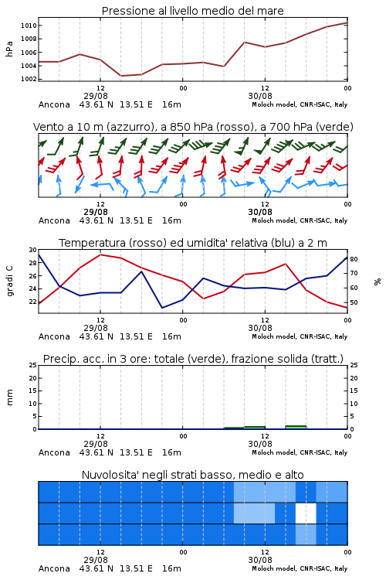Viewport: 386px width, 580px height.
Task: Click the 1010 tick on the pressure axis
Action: [29, 26]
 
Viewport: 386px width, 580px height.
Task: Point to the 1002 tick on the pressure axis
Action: [29, 79]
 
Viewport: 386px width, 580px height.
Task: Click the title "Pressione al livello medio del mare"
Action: [193, 11]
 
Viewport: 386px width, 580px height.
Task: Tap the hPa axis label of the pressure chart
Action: [9, 49]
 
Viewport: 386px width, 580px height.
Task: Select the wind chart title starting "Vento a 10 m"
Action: [193, 128]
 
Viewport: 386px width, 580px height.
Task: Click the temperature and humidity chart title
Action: [193, 243]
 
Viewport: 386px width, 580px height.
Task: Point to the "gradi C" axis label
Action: [10, 281]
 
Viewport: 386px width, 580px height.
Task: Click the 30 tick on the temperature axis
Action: [33, 250]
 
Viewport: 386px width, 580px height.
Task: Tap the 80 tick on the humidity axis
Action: [354, 259]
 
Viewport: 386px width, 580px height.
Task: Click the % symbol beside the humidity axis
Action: [378, 281]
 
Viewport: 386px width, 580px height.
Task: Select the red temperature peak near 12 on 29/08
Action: [100, 255]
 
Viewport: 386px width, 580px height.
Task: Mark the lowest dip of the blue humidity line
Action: [162, 308]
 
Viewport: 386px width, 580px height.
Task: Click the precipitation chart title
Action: [193, 359]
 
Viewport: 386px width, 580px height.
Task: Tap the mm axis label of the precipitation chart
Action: [9, 397]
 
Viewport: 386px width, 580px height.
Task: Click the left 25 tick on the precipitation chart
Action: [33, 366]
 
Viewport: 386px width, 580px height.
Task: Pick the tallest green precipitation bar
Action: [296, 427]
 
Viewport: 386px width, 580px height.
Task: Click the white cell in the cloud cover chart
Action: [306, 513]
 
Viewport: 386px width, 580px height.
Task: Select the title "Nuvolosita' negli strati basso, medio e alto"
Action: [193, 475]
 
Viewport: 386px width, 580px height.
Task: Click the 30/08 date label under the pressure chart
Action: [260, 96]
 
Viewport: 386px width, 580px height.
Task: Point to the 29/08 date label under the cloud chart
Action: [96, 560]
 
